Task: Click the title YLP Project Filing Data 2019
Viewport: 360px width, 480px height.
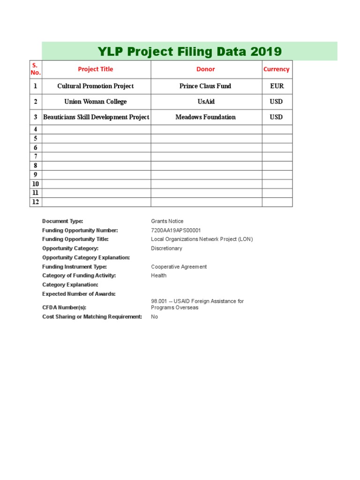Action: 189,52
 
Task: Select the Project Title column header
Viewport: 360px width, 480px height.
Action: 96,69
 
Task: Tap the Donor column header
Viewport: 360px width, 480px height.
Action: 206,69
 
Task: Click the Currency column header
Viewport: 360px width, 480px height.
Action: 277,69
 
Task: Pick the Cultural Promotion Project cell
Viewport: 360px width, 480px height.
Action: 96,86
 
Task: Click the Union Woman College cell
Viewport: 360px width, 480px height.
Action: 96,102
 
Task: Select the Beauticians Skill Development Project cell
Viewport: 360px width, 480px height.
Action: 96,117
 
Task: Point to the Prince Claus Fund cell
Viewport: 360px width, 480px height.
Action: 205,86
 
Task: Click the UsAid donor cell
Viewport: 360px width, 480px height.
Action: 206,102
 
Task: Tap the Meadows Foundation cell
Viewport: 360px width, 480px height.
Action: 206,117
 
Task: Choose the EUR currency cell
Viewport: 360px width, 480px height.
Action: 277,86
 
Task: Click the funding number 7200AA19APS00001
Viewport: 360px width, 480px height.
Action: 176,230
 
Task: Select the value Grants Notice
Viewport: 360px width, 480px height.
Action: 167,221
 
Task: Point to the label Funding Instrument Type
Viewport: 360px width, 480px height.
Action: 75,267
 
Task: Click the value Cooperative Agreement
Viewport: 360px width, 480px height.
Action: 179,267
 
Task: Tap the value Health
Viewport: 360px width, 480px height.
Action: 158,276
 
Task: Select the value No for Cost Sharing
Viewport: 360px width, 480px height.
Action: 154,317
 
